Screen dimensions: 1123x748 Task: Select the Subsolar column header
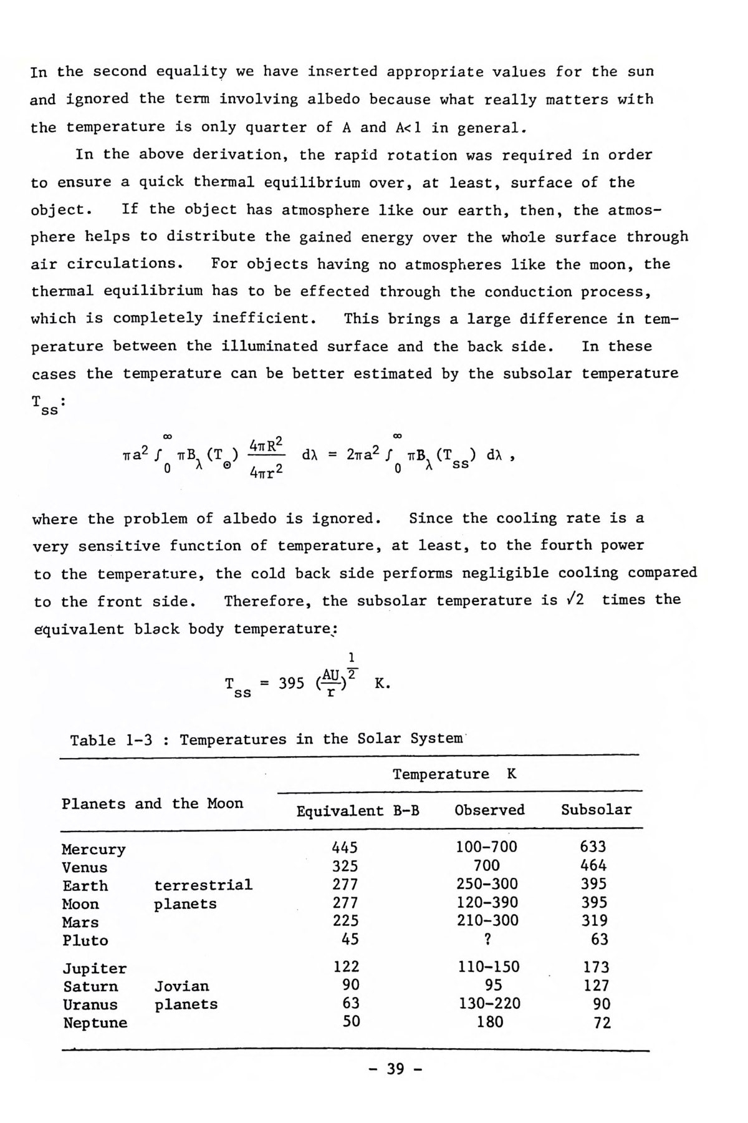coord(596,810)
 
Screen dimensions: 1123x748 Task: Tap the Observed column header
coord(489,810)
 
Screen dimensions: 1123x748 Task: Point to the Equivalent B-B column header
coord(358,811)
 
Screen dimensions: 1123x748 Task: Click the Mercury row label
coord(93,849)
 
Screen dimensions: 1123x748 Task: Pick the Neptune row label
coord(95,1023)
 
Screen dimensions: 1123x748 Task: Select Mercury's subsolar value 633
coord(593,847)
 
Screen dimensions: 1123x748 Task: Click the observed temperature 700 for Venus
coord(486,865)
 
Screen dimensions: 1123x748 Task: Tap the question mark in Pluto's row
coord(487,940)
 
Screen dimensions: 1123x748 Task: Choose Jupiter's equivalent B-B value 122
coord(347,966)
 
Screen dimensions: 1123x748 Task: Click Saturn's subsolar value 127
coord(596,985)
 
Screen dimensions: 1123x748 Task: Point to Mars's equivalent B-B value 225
coord(345,920)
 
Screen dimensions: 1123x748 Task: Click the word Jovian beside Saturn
coord(182,986)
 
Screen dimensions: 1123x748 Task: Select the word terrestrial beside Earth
coord(203,885)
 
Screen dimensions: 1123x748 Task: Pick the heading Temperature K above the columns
coord(454,774)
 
